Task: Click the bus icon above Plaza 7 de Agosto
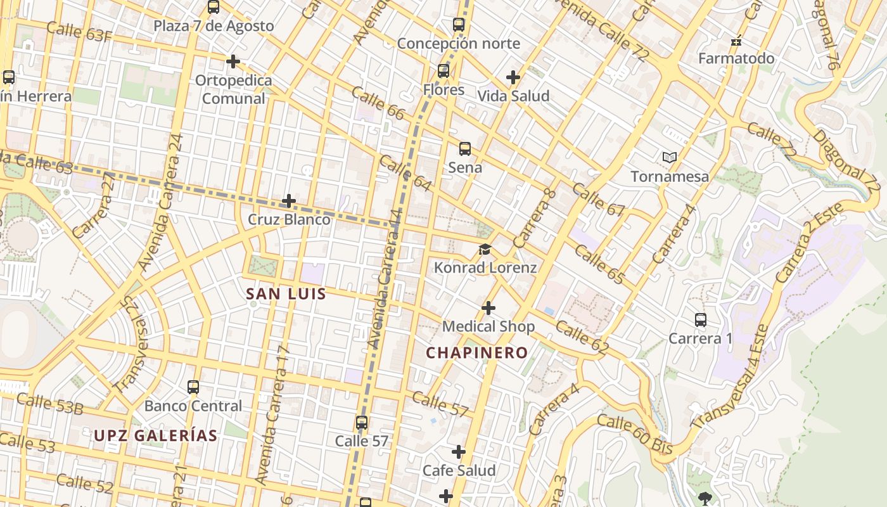214,7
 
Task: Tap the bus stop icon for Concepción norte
459,25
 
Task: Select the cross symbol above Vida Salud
513,77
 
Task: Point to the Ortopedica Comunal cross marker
233,61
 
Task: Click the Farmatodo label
736,58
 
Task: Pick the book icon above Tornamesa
670,157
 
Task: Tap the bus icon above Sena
465,149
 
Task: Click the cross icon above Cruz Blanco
289,201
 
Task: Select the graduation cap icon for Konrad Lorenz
485,249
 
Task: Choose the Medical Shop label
488,326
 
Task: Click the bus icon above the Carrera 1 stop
701,320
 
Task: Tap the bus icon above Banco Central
193,387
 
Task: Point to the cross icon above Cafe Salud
459,452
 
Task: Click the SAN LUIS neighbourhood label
286,294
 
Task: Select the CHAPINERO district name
477,353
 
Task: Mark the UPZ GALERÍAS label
156,436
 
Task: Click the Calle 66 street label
378,103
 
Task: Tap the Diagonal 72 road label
846,162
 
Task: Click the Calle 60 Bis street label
635,433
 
